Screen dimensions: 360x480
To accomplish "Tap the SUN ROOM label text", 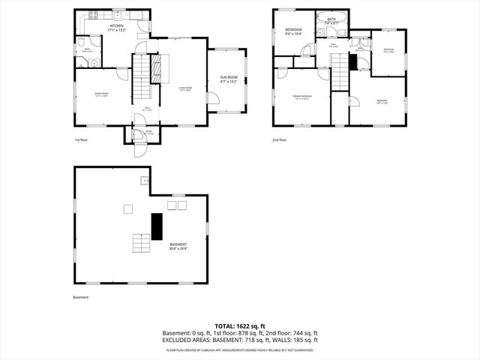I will [228, 79].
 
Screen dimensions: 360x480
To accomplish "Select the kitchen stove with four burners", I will [94, 15].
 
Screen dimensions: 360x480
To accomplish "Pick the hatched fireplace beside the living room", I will [157, 69].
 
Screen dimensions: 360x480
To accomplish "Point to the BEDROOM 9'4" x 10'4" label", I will [292, 31].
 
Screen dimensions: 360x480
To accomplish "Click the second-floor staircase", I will [342, 76].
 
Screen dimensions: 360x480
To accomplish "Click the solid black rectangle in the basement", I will [157, 226].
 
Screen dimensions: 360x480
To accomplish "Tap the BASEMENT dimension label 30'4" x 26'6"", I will [178, 247].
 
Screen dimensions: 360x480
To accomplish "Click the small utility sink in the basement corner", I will [143, 181].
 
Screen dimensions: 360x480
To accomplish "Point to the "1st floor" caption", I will [82, 140].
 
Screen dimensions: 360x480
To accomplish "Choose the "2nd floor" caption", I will [280, 140].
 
